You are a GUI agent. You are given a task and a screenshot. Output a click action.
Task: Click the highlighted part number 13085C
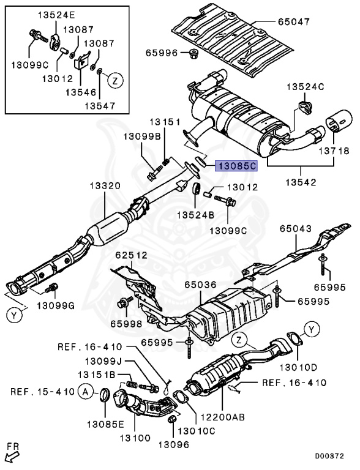(237, 166)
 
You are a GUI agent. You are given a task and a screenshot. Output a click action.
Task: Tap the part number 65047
(293, 22)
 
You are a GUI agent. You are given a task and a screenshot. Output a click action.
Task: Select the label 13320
(105, 186)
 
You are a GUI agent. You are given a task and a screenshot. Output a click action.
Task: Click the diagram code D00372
(329, 456)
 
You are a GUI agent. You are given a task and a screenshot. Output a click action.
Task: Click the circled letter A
(86, 392)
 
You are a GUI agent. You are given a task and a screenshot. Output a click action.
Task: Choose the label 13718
(334, 151)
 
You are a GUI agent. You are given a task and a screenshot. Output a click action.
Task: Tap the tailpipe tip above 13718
(339, 121)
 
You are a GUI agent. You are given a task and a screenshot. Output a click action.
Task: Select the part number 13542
(301, 182)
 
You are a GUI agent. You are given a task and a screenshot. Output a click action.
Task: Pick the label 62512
(132, 255)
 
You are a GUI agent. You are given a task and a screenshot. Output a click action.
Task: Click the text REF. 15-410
(42, 392)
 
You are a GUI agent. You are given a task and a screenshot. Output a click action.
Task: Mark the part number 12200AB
(222, 417)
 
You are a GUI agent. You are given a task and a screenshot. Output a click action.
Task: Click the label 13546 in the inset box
(81, 92)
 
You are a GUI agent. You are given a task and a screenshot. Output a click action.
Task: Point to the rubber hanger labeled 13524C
(306, 108)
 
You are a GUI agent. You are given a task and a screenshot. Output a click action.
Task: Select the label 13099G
(56, 306)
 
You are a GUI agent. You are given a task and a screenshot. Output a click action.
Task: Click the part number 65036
(200, 285)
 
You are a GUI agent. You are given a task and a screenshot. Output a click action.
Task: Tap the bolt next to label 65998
(126, 302)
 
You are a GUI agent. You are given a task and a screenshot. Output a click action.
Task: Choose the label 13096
(174, 444)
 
